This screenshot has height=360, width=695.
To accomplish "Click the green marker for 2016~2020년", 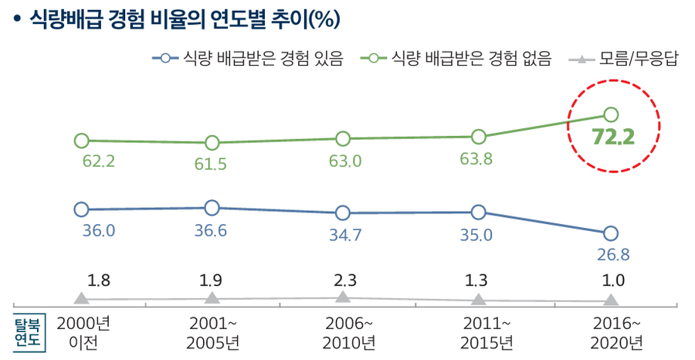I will pos(610,114).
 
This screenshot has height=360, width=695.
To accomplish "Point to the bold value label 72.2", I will pos(612,138).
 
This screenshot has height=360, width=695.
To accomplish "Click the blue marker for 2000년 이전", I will pos(81,209).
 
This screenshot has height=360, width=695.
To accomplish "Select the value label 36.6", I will pos(210,230).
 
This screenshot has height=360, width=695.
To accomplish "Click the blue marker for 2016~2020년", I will pos(610,233).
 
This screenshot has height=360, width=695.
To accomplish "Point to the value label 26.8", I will pos(611,254).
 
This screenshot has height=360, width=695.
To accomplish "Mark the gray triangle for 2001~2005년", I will pos(212,297).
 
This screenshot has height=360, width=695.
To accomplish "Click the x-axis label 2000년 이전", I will pos(82,332).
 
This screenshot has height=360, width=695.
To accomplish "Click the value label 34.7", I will pos(344,236).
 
